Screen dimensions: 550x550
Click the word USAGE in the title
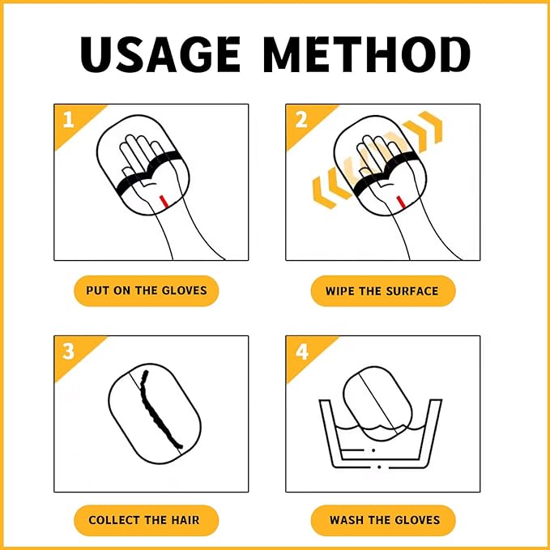pyautogui.click(x=160, y=54)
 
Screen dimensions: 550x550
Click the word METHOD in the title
pyautogui.click(x=367, y=54)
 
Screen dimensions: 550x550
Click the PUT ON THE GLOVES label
pyautogui.click(x=147, y=291)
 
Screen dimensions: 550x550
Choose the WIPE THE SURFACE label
pyautogui.click(x=383, y=291)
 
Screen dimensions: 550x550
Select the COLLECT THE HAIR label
pyautogui.click(x=147, y=520)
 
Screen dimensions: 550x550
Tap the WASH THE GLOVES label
pyautogui.click(x=383, y=520)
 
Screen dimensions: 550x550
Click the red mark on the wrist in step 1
pyautogui.click(x=163, y=201)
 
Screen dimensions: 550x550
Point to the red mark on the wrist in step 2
pyautogui.click(x=400, y=202)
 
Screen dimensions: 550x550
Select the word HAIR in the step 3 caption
pyautogui.click(x=185, y=520)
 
